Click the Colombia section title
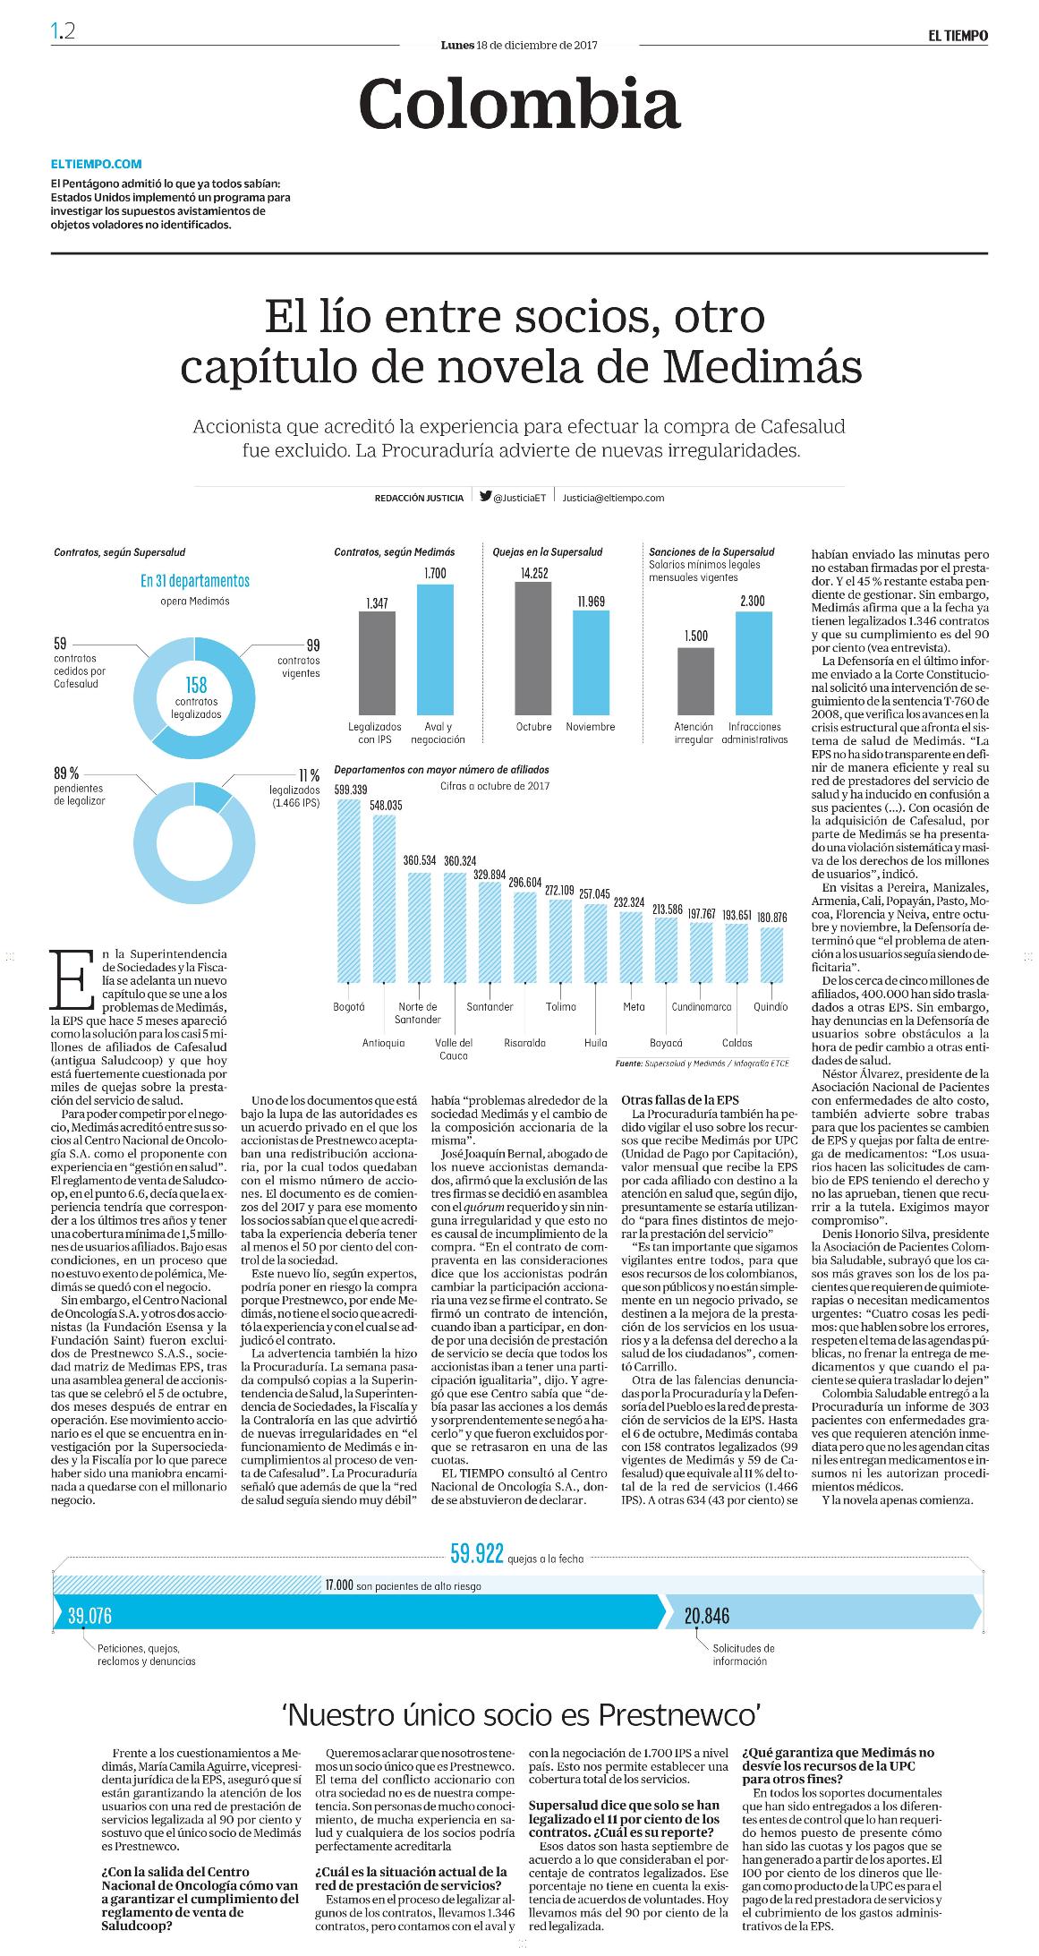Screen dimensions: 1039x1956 [519, 104]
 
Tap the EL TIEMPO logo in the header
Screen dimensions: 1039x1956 [958, 36]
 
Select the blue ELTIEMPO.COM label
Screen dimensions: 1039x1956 [97, 164]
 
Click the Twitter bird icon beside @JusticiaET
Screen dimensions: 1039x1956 [485, 497]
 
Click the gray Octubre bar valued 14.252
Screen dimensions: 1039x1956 [533, 648]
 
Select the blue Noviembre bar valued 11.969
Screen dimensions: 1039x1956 [591, 662]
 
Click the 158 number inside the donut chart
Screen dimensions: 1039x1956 [196, 685]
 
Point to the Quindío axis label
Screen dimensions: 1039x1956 [771, 1006]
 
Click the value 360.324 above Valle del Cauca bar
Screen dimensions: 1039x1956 [456, 860]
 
